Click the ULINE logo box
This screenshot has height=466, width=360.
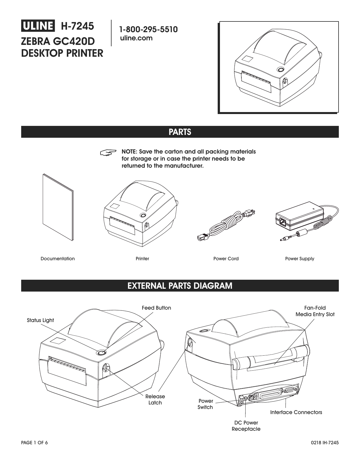pos(38,26)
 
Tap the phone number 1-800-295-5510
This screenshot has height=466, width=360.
pos(148,30)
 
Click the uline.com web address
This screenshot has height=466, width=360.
pos(136,38)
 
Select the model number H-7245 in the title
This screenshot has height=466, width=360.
pos(77,26)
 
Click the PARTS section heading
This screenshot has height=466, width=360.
pos(180,132)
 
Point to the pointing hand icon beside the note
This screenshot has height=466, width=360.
pos(108,152)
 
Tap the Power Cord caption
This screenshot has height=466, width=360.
pos(226,259)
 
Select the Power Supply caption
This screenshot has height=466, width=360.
pos(300,259)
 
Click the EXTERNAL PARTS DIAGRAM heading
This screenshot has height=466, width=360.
pos(180,286)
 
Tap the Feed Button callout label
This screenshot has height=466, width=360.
pos(156,308)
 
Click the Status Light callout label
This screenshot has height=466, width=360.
pos(40,320)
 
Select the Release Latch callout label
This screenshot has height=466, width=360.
pos(155,399)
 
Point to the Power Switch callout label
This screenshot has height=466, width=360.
pos(205,404)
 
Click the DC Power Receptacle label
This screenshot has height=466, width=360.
pos(246,426)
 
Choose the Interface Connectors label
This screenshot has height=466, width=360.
pos(296,412)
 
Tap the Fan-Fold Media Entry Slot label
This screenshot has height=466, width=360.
pos(315,311)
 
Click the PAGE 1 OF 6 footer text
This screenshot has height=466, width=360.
pos(35,443)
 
